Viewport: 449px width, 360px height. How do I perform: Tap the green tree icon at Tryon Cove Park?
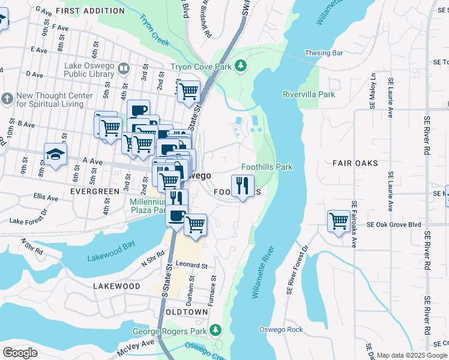coord(241,65)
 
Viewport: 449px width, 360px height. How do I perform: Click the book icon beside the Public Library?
coord(124,69)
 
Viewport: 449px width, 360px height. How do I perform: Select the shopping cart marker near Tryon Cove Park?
coord(188,92)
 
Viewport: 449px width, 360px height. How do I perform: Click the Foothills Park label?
coord(267,167)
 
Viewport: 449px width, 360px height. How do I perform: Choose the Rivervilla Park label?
coord(309,94)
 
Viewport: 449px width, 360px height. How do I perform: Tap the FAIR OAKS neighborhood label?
coord(355,163)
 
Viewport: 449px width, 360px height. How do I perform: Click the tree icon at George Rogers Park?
coord(215,330)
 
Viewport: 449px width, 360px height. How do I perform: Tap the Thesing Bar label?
coord(324,53)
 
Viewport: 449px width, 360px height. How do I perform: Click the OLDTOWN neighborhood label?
coord(187,312)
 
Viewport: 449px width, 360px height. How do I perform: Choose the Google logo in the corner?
coord(20,353)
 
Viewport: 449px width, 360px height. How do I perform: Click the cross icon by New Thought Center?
coord(7,98)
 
